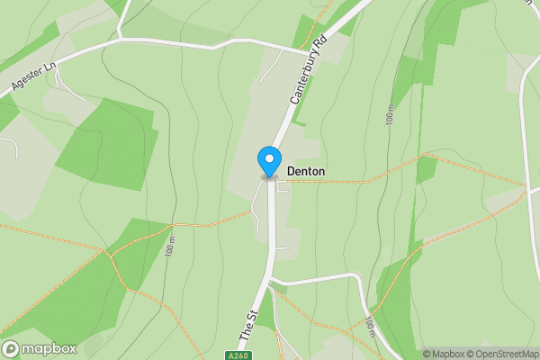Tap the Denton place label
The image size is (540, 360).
(x=306, y=171)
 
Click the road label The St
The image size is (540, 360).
(x=247, y=327)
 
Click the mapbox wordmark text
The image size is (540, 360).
(x=49, y=348)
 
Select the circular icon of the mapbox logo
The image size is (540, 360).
(x=12, y=348)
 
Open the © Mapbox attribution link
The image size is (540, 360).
(x=444, y=354)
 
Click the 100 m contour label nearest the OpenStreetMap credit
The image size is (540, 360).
(x=371, y=329)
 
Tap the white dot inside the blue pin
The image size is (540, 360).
(x=268, y=157)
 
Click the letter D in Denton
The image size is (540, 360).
(x=291, y=171)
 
